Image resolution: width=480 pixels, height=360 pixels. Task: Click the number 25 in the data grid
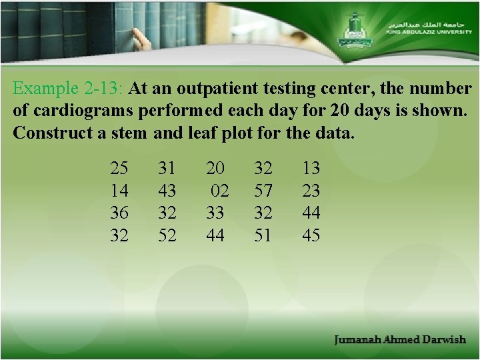(119, 167)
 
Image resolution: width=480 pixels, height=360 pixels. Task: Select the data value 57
(263, 191)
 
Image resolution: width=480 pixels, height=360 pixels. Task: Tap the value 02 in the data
(220, 191)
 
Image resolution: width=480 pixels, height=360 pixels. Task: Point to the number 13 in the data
(311, 167)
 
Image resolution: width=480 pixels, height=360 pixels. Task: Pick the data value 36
(119, 213)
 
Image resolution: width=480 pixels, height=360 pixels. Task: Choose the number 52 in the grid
(167, 235)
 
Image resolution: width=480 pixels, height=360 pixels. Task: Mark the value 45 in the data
(311, 235)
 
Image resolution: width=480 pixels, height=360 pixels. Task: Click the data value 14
(119, 191)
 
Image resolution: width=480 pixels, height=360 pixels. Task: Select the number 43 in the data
(167, 191)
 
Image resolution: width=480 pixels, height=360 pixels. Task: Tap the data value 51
(263, 235)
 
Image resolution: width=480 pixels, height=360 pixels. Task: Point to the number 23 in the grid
(311, 191)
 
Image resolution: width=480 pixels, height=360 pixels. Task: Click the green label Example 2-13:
(69, 89)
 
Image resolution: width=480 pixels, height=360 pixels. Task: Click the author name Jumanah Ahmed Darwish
(400, 340)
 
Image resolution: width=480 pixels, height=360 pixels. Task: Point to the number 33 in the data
(215, 213)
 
